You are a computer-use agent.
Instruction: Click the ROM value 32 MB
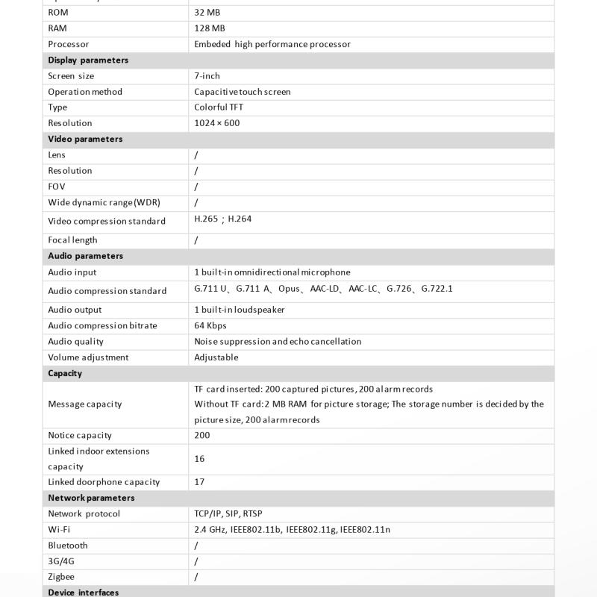click(207, 13)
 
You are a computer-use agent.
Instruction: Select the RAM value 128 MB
click(209, 28)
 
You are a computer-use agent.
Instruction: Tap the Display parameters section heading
click(88, 60)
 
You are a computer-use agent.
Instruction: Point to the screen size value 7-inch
click(207, 76)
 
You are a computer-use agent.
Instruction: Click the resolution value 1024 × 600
click(216, 123)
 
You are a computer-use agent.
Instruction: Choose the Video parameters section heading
click(85, 139)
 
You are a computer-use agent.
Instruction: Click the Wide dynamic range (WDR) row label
click(104, 202)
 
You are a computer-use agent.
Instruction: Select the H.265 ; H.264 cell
click(222, 219)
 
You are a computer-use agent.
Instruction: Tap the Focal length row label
click(72, 240)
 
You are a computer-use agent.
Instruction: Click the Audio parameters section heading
click(85, 256)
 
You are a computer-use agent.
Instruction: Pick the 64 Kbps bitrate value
click(210, 326)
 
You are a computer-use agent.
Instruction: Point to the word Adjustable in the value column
click(216, 357)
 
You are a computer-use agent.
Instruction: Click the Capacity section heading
click(65, 373)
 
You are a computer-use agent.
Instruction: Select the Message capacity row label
click(84, 404)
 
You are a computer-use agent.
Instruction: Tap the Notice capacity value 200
click(202, 436)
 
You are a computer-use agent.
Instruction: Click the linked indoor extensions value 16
click(199, 459)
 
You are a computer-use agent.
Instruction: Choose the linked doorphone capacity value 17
click(199, 482)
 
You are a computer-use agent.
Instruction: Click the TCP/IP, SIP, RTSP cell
click(228, 514)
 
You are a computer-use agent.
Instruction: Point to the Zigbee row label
click(61, 577)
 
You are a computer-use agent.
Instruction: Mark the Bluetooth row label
click(68, 546)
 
